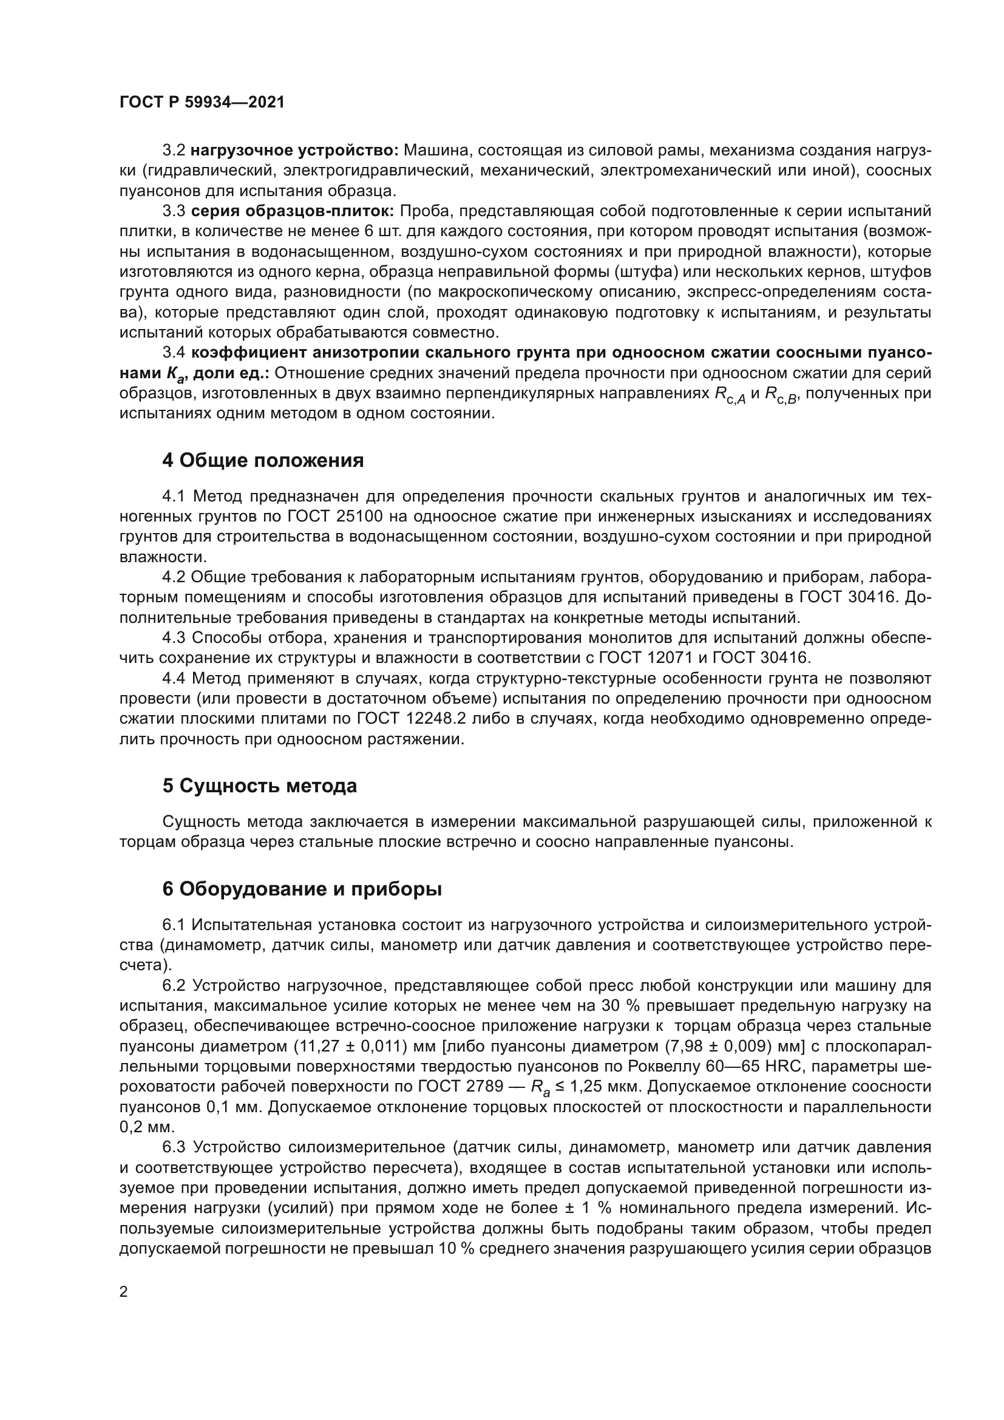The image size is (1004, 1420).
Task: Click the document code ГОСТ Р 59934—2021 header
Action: tap(202, 103)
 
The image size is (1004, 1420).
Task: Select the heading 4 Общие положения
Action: tap(263, 460)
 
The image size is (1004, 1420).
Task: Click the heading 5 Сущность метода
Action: tap(260, 786)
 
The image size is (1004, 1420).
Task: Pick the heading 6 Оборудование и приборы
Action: tap(302, 889)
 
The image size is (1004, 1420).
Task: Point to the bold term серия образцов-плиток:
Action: tap(293, 211)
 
